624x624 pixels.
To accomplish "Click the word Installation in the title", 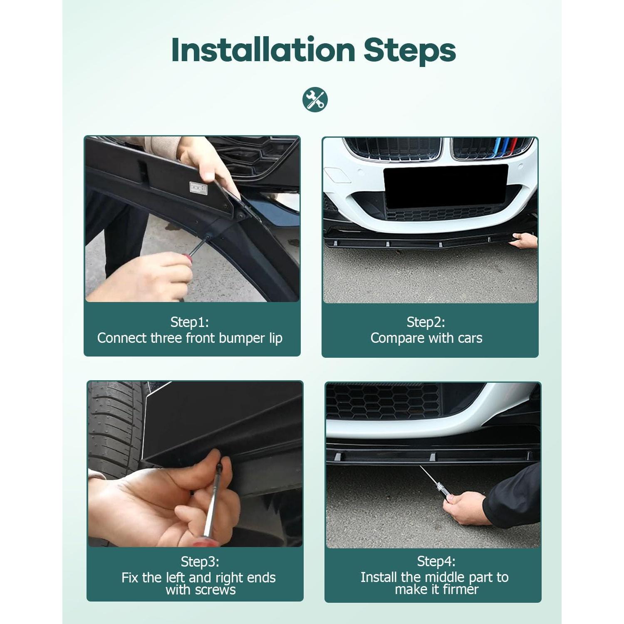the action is coord(263,50).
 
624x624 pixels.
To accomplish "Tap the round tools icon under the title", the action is coord(315,100).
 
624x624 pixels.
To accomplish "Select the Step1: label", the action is coord(190,322).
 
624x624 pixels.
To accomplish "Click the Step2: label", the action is coord(426,322).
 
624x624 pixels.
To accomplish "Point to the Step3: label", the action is coord(200,562).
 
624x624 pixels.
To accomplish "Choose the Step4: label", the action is coord(436,561).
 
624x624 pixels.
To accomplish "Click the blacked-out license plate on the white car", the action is coord(446,186).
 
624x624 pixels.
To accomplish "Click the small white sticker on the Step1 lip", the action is coord(198,188).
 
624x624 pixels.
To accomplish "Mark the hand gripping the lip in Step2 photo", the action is coord(525,241).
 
